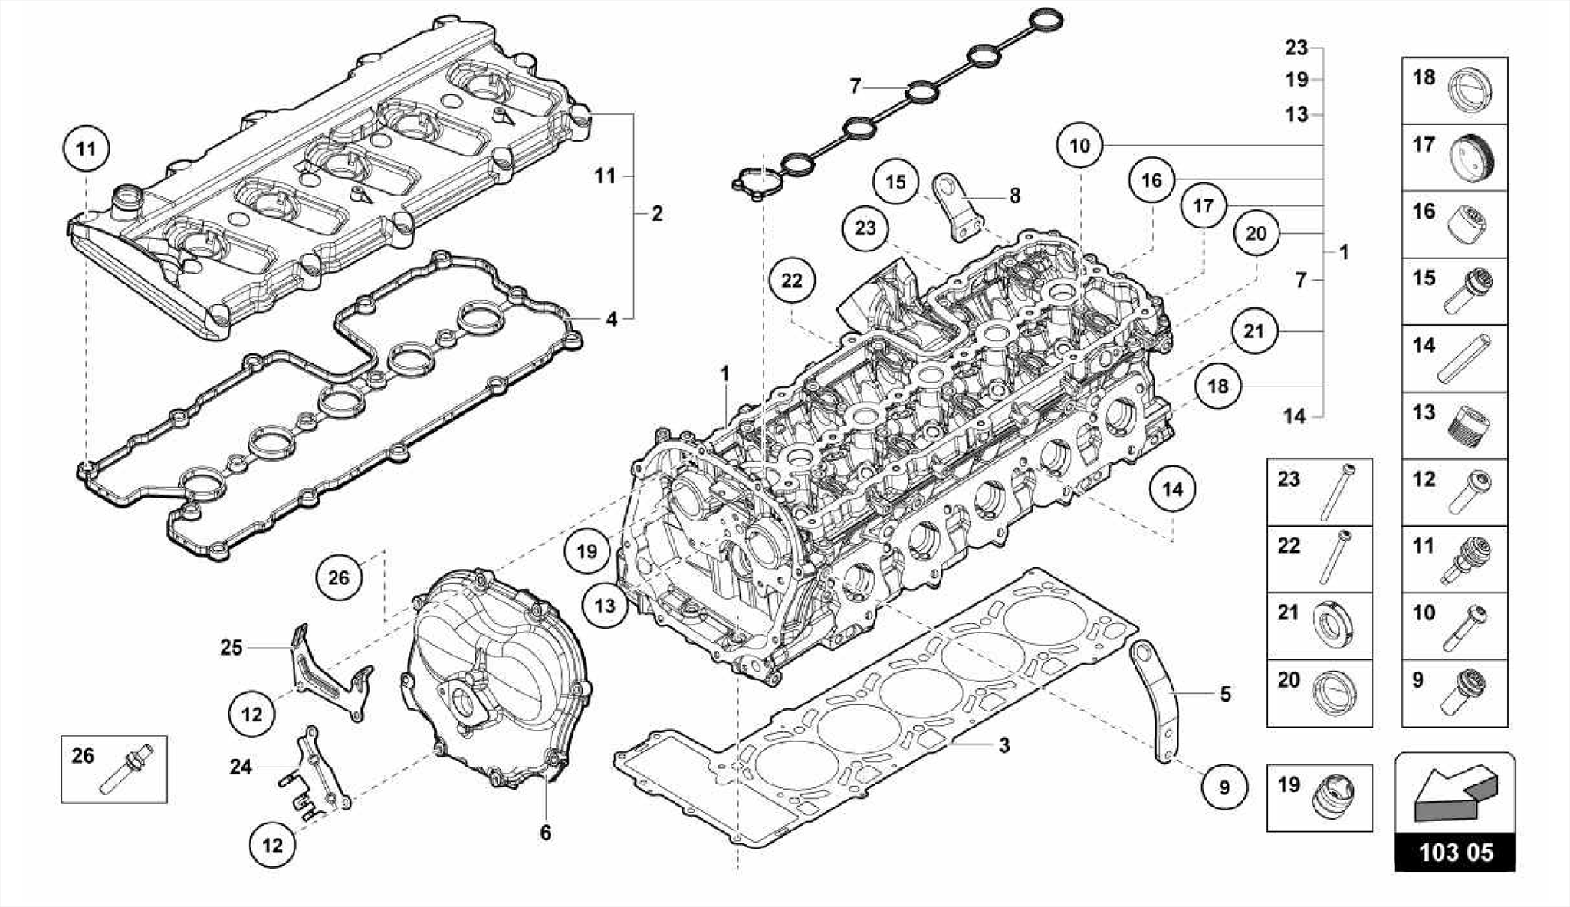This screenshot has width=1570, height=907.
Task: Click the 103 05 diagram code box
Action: click(x=1455, y=853)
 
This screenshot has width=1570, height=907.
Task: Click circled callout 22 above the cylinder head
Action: click(x=792, y=281)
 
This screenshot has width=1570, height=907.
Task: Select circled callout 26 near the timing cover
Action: click(x=339, y=578)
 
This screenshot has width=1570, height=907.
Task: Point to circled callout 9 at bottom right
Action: click(x=1224, y=787)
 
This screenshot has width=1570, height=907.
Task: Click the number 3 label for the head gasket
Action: click(x=1003, y=745)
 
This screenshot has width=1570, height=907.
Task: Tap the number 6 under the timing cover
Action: click(x=545, y=833)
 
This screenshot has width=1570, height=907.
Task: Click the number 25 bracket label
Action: click(x=231, y=648)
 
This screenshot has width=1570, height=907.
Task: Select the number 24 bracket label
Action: click(x=240, y=767)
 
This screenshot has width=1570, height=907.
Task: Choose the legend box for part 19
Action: click(x=1319, y=797)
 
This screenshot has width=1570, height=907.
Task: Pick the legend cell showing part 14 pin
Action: click(x=1454, y=359)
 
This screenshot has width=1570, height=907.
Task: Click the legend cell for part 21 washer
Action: click(x=1319, y=626)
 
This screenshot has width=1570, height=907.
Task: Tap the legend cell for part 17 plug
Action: click(x=1454, y=158)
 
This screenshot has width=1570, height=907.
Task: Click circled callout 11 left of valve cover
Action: click(x=86, y=148)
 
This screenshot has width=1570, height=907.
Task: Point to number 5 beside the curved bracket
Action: click(x=1225, y=695)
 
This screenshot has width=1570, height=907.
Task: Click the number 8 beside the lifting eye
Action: click(x=1014, y=196)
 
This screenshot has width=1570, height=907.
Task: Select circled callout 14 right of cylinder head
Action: click(x=1172, y=489)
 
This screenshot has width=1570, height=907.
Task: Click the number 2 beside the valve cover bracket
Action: click(x=656, y=214)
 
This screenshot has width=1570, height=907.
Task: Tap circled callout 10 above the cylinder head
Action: click(x=1079, y=146)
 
